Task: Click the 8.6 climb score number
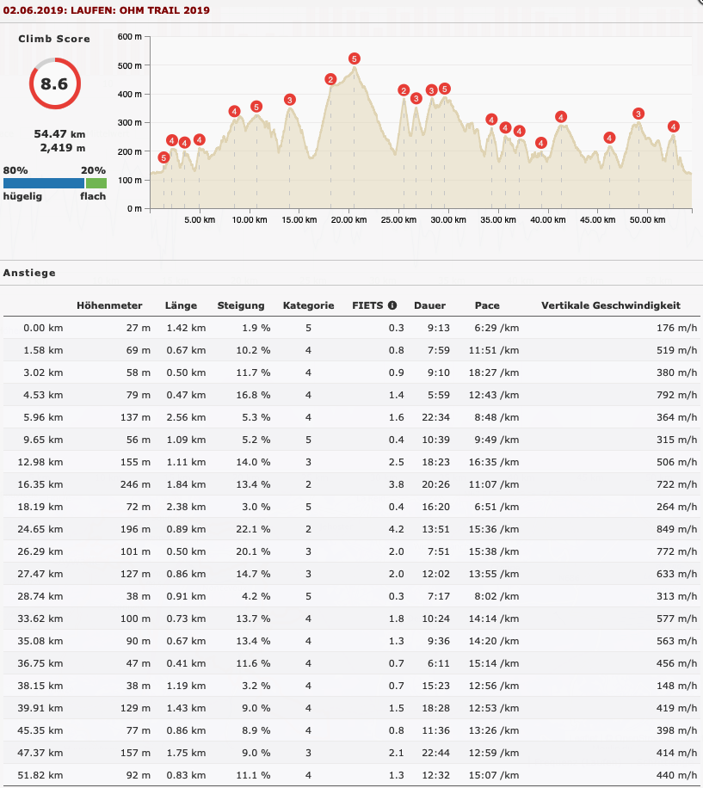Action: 54,84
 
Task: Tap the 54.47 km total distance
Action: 59,134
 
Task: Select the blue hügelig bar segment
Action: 44,183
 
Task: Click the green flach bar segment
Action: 96,183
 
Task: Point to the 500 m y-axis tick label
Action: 130,66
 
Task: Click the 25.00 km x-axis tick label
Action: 398,220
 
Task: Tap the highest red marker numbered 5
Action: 355,58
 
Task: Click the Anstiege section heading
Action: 29,273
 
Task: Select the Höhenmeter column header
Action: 109,305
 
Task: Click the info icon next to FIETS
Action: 392,305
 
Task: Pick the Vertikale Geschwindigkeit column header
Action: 611,305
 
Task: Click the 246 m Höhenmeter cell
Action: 135,484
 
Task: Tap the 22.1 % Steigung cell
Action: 253,529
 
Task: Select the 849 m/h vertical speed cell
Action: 676,529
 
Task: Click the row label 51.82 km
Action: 40,775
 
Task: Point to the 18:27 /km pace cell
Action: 494,372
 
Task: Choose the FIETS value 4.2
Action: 396,529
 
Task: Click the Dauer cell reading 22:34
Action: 435,417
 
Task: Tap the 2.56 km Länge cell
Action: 186,417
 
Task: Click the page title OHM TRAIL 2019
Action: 164,10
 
